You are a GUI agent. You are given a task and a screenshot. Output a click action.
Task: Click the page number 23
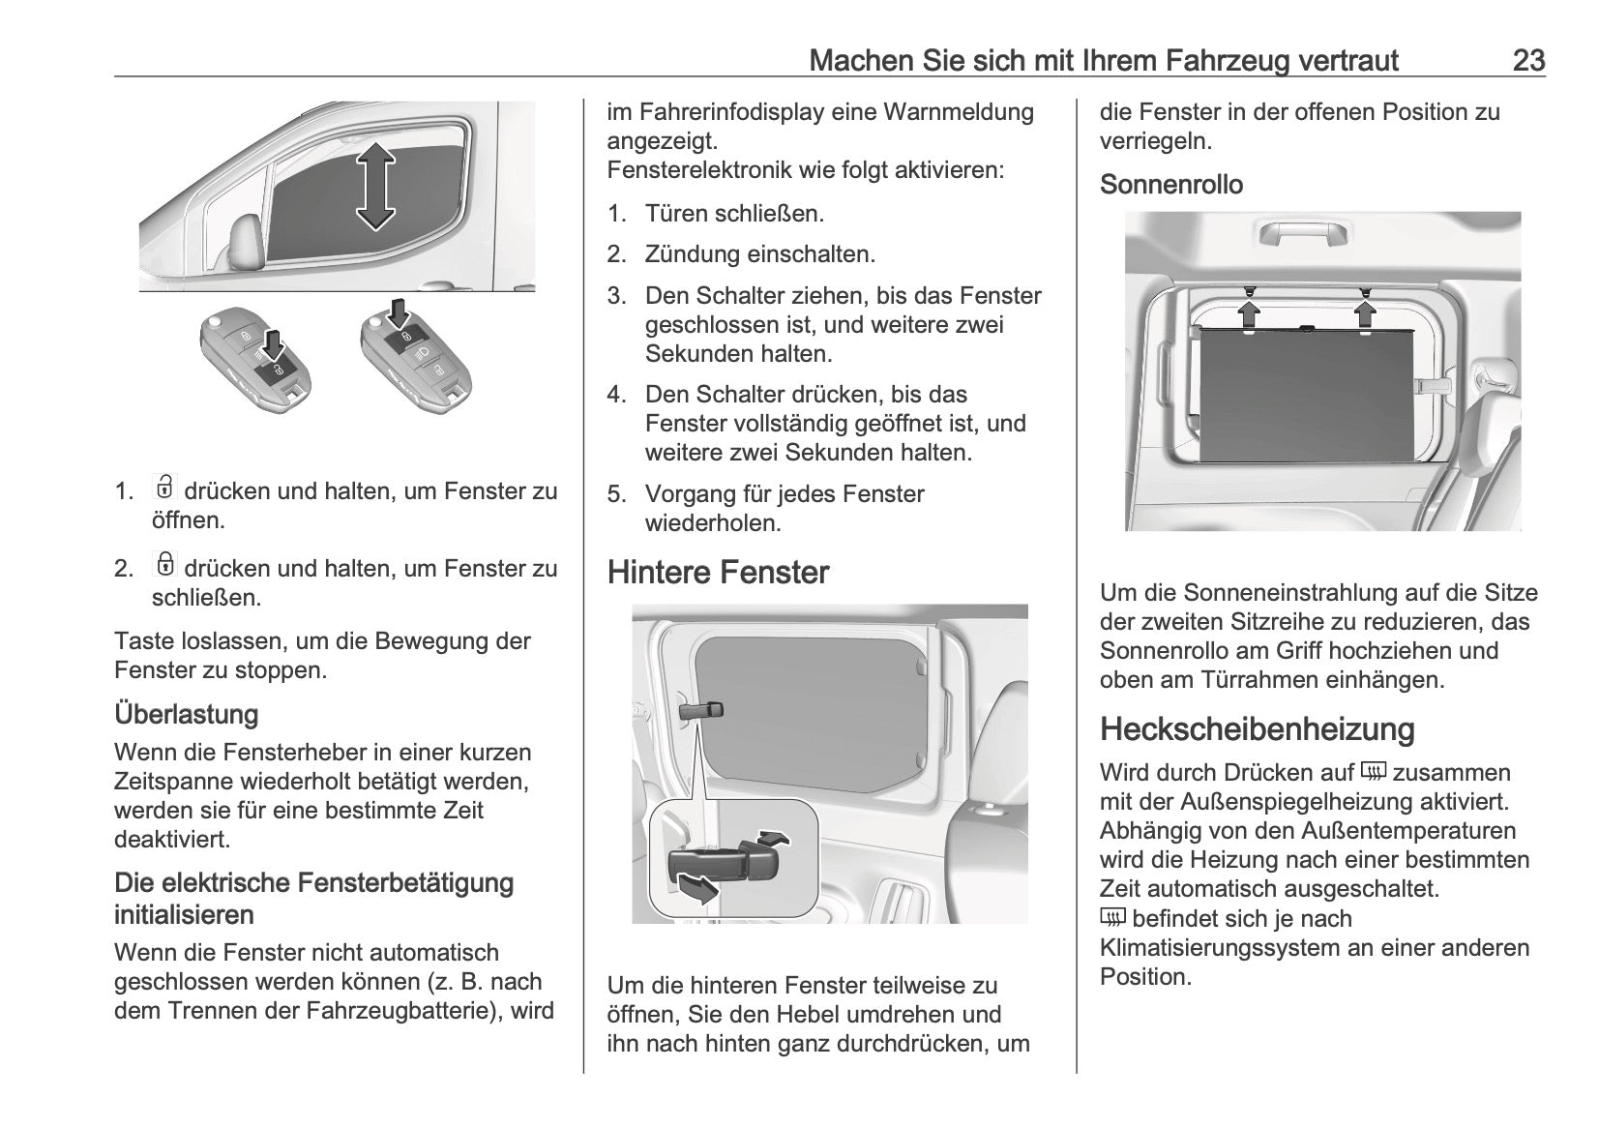(x=1528, y=60)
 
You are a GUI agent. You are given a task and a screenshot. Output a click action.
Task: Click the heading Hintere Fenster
(x=718, y=573)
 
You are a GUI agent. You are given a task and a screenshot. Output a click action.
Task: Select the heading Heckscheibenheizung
(x=1257, y=729)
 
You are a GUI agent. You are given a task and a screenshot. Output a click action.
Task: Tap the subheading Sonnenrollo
(x=1170, y=185)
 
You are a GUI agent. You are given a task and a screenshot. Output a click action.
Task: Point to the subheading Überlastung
(x=187, y=715)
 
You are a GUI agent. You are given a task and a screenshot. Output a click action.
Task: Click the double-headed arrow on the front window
(x=375, y=186)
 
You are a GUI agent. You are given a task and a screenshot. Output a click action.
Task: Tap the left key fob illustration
(x=255, y=363)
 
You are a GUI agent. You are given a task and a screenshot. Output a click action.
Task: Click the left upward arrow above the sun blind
(x=1250, y=312)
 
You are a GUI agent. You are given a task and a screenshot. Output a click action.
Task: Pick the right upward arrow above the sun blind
(x=1365, y=312)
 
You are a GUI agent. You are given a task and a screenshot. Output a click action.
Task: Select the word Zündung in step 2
(x=694, y=254)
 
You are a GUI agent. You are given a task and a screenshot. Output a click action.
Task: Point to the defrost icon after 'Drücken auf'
(x=1373, y=772)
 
